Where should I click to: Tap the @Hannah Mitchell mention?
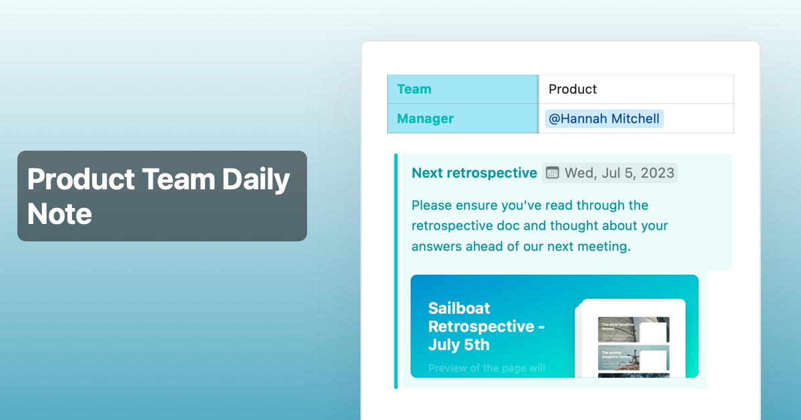pyautogui.click(x=604, y=119)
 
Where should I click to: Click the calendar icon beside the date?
pyautogui.click(x=552, y=173)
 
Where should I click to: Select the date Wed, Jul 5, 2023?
pyautogui.click(x=619, y=173)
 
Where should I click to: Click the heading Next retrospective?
pyautogui.click(x=474, y=173)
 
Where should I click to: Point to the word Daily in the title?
pyautogui.click(x=256, y=180)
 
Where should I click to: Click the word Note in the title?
pyautogui.click(x=59, y=214)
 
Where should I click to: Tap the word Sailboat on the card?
pyautogui.click(x=459, y=308)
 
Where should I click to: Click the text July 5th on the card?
pyautogui.click(x=459, y=345)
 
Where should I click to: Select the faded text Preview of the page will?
pyautogui.click(x=487, y=368)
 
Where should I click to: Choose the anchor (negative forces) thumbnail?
pyautogui.click(x=633, y=358)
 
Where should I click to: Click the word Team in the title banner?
pyautogui.click(x=177, y=180)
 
